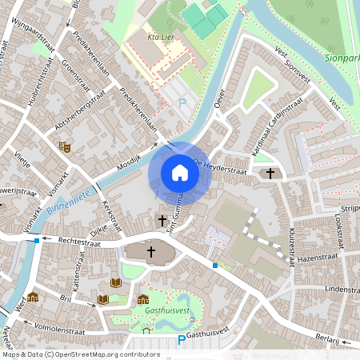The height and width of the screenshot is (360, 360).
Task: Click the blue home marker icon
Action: [x=180, y=173]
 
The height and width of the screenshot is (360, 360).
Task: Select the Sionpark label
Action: [x=342, y=58]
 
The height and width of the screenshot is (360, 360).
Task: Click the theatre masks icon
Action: [x=64, y=146]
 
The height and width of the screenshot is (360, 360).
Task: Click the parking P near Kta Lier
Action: [x=182, y=102]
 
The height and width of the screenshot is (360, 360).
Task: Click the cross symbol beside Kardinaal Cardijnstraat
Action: [x=270, y=173]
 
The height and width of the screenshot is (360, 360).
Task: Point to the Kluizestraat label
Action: [x=290, y=246]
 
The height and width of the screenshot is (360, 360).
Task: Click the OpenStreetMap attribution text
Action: [x=81, y=354]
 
